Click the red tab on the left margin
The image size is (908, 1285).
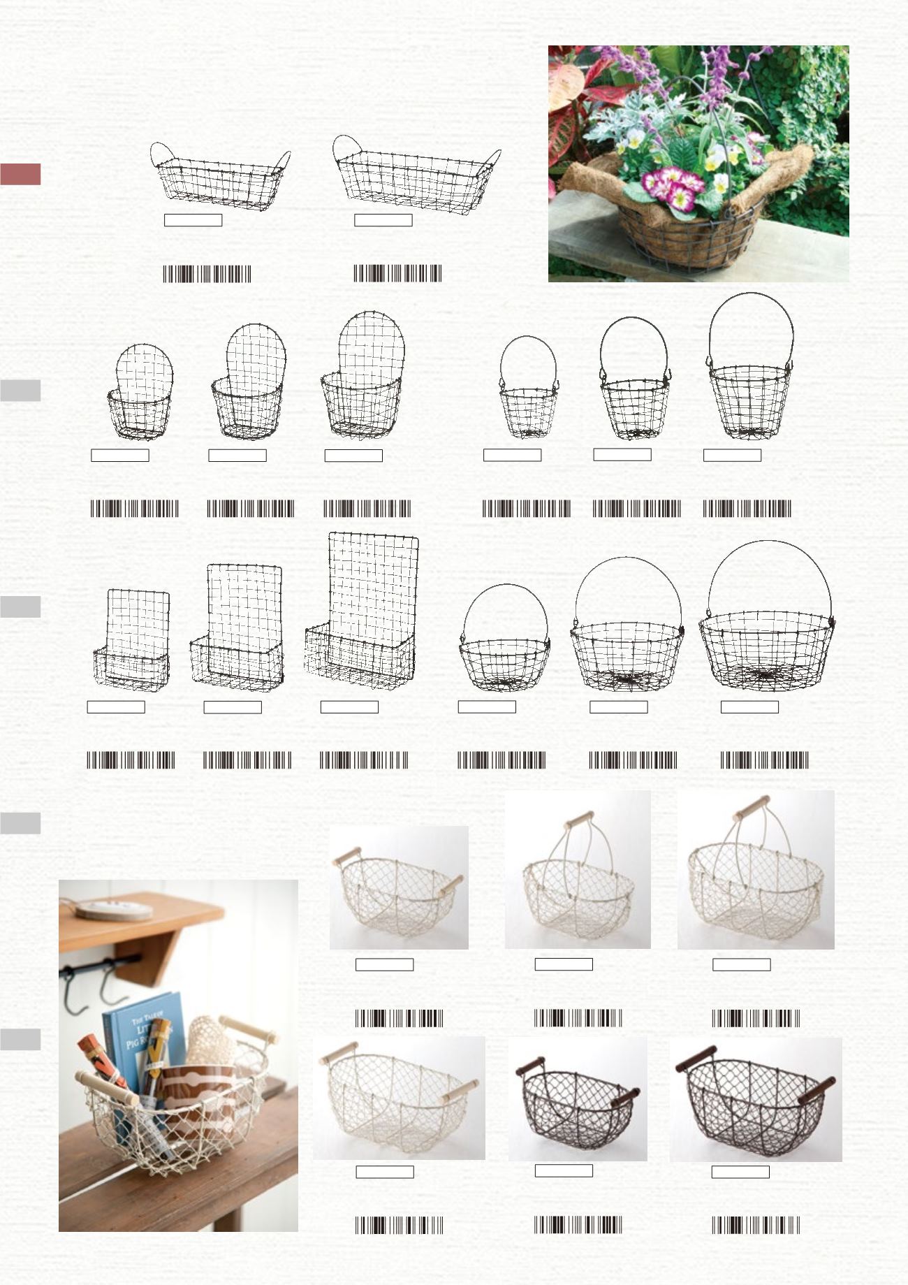click(20, 174)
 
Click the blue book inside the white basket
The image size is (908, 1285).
click(140, 1034)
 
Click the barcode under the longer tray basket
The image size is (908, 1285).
click(397, 273)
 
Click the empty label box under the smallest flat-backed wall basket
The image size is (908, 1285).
click(116, 706)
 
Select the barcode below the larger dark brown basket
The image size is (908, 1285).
click(756, 1225)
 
